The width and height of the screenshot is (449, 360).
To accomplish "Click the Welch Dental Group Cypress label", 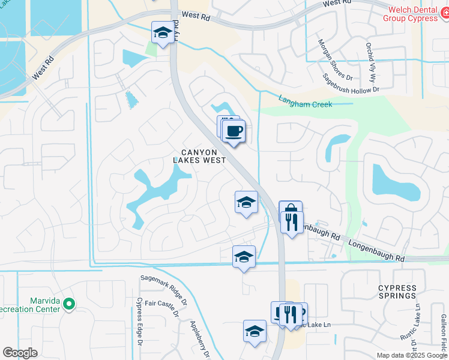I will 413,13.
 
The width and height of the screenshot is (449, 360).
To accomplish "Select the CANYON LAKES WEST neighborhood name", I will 199,156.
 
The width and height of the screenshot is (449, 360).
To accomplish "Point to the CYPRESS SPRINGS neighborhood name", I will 397,292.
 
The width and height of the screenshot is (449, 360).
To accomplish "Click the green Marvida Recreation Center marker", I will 68,304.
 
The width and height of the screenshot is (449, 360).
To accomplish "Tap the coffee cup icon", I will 234,131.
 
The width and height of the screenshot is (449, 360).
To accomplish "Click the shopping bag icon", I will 290,212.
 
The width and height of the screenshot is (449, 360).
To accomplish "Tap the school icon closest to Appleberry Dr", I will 255,331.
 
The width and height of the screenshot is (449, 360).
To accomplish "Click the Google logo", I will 20,353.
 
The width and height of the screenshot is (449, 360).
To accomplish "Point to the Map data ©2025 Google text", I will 412,355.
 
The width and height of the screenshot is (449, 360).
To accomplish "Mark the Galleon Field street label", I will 444,334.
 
